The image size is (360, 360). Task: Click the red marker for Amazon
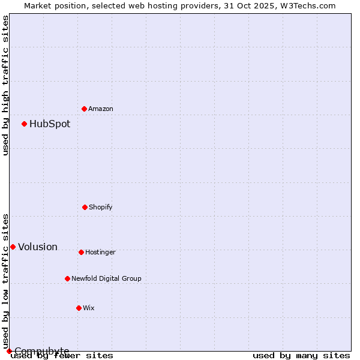[84, 109]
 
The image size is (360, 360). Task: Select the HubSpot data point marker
[24, 124]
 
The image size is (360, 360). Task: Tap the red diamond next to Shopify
[85, 207]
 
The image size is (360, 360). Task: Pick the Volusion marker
[13, 247]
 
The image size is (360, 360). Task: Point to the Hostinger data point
[81, 252]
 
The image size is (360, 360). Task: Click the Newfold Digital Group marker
[67, 278]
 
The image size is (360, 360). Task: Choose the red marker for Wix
[79, 308]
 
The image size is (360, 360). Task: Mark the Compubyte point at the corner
[9, 351]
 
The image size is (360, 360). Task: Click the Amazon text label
[101, 109]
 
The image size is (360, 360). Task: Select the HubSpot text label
[50, 124]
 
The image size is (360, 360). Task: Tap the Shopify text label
[101, 207]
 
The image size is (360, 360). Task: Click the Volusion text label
[38, 247]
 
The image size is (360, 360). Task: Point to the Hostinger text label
[100, 252]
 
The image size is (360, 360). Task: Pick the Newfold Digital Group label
[106, 278]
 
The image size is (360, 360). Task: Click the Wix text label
[89, 308]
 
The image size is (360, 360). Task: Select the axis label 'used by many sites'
[301, 355]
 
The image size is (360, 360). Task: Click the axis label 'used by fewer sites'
[62, 355]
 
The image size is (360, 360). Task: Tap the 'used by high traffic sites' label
[5, 85]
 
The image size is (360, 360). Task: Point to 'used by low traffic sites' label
[5, 281]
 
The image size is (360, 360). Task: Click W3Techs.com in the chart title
[306, 5]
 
